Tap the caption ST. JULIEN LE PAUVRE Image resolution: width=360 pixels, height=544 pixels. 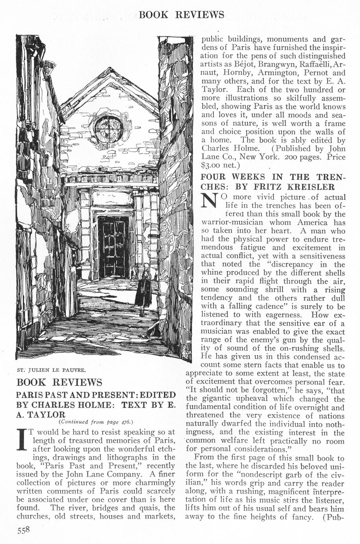tap(52, 370)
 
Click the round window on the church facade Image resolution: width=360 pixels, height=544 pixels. tap(108, 129)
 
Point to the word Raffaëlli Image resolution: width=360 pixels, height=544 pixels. tap(311, 64)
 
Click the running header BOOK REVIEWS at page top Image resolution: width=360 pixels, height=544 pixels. tap(182, 15)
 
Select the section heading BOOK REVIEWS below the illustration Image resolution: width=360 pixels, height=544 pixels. tap(59, 382)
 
